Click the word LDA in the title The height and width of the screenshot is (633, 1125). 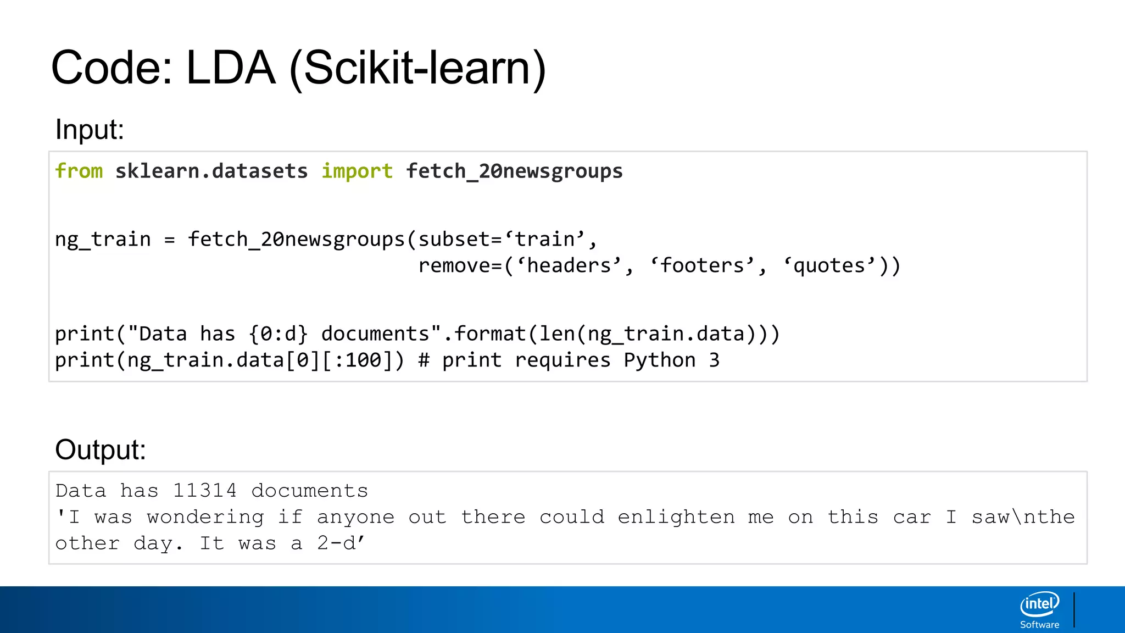click(231, 68)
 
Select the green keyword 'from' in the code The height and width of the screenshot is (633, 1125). click(79, 171)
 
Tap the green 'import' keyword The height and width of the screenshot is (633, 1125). click(357, 171)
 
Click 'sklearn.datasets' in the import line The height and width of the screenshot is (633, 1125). click(211, 171)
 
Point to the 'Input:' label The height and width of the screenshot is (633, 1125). click(90, 130)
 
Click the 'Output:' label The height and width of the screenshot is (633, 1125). click(101, 449)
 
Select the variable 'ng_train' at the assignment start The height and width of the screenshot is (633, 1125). click(103, 240)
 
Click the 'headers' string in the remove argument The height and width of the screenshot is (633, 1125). click(569, 266)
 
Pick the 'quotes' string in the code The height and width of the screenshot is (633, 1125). click(829, 266)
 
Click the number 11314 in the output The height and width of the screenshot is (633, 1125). click(205, 490)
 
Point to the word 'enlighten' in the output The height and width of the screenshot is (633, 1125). click(676, 517)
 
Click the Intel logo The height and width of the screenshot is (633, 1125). click(1039, 604)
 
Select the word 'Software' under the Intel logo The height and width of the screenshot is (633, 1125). click(1039, 625)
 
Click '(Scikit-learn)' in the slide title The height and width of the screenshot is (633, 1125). click(417, 68)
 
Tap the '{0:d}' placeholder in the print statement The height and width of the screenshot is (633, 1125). click(278, 334)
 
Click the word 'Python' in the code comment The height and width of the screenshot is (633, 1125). click(660, 360)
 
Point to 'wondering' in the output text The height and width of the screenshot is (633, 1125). click(205, 517)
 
